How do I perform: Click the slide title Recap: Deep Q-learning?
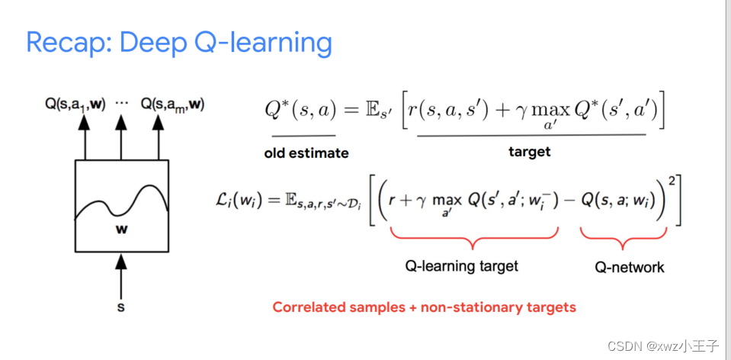click(179, 42)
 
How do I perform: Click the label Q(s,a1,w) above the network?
click(75, 104)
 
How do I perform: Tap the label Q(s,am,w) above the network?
click(172, 104)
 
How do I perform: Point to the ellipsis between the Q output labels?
click(121, 103)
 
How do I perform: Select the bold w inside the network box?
click(122, 230)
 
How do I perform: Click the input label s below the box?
click(120, 308)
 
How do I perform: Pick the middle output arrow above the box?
click(121, 137)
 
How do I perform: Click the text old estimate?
click(306, 153)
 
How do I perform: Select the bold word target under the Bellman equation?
click(529, 152)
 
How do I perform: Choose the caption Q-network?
click(630, 267)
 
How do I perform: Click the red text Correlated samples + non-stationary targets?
click(425, 308)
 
